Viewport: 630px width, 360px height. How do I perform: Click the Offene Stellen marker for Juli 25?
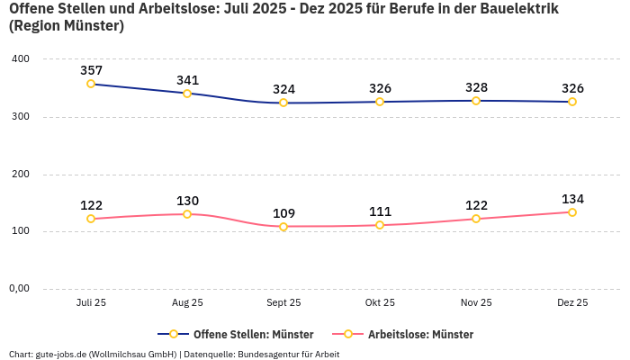[x=91, y=84]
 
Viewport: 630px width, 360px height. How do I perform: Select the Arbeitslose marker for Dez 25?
[x=572, y=212]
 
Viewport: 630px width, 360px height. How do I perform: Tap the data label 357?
[x=91, y=70]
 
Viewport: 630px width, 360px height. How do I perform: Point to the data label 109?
[x=283, y=213]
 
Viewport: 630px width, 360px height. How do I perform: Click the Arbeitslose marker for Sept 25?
[x=283, y=227]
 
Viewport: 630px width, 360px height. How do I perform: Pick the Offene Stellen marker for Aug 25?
[x=187, y=93]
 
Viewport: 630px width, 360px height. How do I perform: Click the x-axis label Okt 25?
[x=380, y=303]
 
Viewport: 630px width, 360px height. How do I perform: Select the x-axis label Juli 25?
[x=91, y=303]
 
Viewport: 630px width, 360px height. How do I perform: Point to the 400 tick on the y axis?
[x=21, y=58]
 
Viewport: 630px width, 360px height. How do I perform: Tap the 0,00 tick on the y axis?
[x=19, y=289]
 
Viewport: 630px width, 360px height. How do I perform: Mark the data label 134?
[x=572, y=199]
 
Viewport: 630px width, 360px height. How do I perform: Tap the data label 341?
[x=187, y=79]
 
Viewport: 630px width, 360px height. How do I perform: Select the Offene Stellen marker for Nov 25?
[x=476, y=101]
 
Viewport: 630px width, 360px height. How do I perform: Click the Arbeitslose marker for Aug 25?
[x=187, y=214]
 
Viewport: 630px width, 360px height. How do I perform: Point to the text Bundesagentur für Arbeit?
[x=288, y=354]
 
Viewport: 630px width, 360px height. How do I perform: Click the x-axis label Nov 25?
[x=476, y=303]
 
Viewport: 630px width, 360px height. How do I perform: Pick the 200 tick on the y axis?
[x=21, y=174]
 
